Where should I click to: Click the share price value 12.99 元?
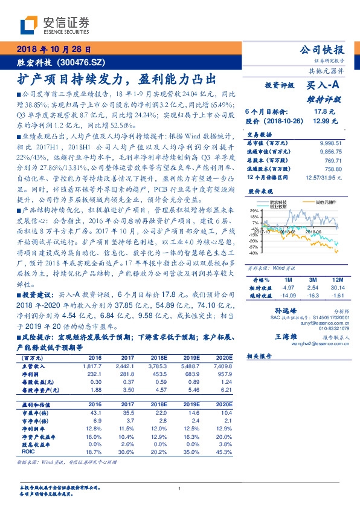(321, 121)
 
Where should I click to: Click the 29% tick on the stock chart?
(254, 210)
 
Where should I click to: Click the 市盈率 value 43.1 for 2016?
(95, 412)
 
